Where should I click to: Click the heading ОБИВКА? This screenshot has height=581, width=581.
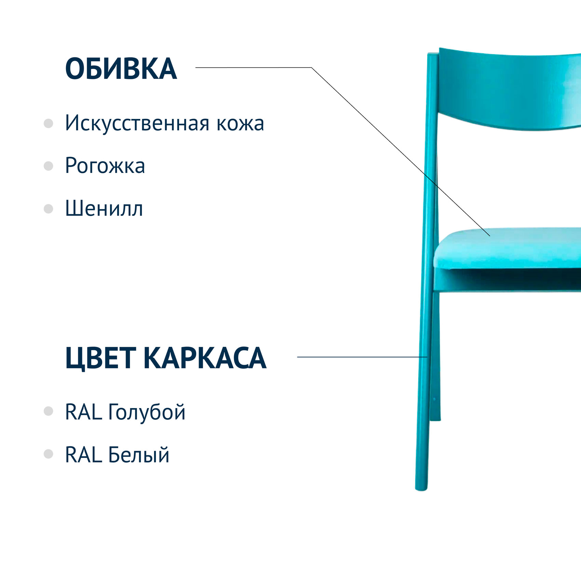121,69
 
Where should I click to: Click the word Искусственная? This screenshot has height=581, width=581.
137,123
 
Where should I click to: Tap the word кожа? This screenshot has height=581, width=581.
240,124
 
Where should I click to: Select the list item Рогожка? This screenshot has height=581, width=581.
105,166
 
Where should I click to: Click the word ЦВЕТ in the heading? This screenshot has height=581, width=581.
100,358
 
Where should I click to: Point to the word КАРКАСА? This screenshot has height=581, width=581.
205,358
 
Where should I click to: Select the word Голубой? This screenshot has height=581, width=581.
147,412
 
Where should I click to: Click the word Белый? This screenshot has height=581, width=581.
138,455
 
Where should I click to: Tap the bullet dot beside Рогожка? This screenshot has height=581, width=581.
49,166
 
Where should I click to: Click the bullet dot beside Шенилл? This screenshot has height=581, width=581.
49,208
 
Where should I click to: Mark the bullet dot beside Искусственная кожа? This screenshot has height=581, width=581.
49,123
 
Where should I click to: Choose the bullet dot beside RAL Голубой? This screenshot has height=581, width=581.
49,411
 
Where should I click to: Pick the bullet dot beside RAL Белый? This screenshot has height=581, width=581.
49,454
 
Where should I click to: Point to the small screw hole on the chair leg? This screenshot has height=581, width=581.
434,399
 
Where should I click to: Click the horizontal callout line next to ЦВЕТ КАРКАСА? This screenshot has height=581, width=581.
362,357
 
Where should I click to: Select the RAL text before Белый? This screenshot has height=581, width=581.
83,455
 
